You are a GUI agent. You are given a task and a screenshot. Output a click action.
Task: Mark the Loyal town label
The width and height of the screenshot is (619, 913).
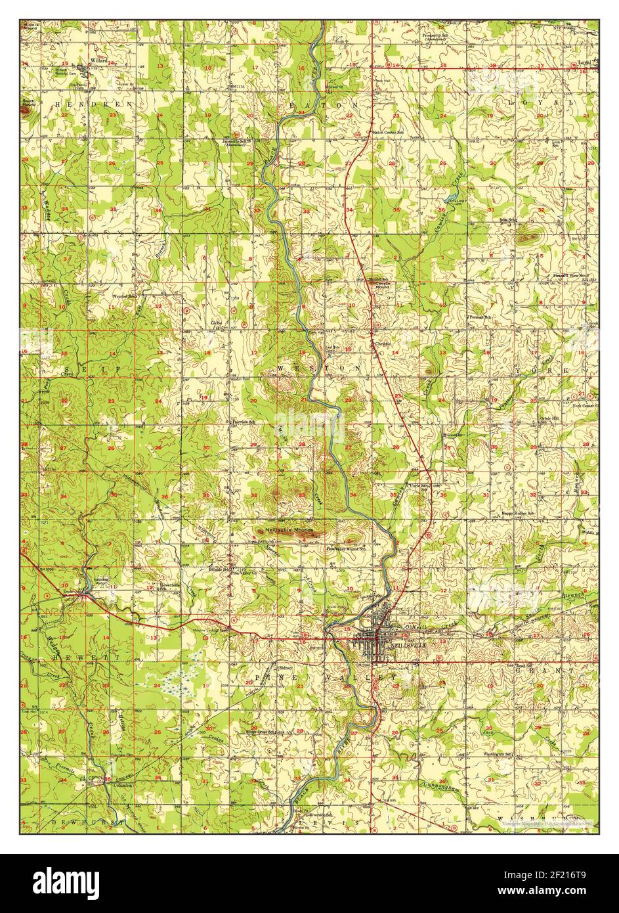pyautogui.click(x=584, y=64)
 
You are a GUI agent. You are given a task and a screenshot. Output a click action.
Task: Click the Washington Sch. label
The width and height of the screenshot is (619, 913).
pyautogui.click(x=497, y=755)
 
